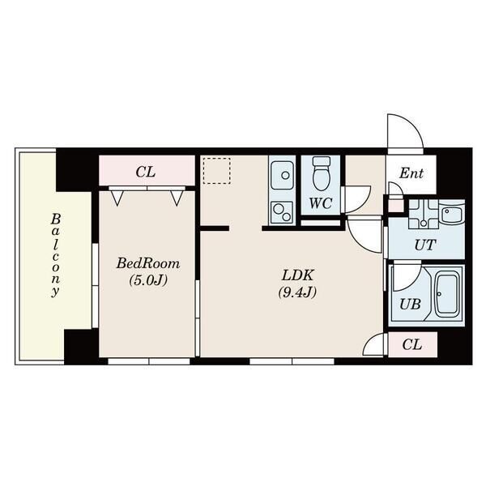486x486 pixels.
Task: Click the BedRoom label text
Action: pyautogui.click(x=148, y=264)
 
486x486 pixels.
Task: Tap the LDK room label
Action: pyautogui.click(x=298, y=275)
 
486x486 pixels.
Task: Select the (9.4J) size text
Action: pyautogui.click(x=297, y=292)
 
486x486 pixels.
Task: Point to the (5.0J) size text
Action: pyautogui.click(x=148, y=280)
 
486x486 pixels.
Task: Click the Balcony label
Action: pyautogui.click(x=55, y=255)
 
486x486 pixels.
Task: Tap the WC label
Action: pyautogui.click(x=321, y=203)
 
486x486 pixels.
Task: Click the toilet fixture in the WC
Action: pyautogui.click(x=322, y=173)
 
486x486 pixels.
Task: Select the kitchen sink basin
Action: pyautogui.click(x=282, y=175)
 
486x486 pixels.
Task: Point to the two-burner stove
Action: pyautogui.click(x=282, y=212)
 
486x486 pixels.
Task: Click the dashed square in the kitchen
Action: pyautogui.click(x=217, y=171)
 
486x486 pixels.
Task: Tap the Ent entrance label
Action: pyautogui.click(x=411, y=173)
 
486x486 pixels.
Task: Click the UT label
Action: pyautogui.click(x=425, y=245)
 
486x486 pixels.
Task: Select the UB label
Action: pyautogui.click(x=410, y=305)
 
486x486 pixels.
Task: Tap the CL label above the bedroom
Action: pyautogui.click(x=145, y=172)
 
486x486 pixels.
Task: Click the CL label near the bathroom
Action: pyautogui.click(x=412, y=344)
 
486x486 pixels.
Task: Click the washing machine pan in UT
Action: pyautogui.click(x=423, y=214)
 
